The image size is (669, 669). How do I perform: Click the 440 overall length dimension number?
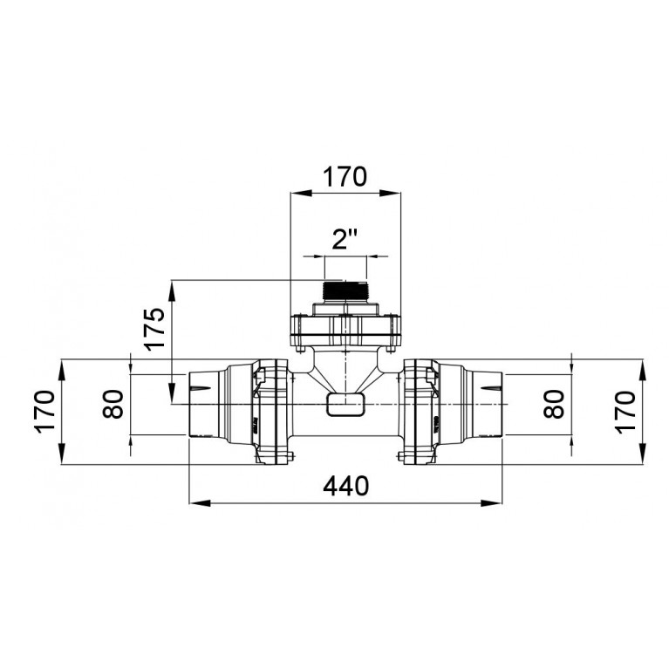click(345, 486)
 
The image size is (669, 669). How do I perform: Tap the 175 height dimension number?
click(154, 329)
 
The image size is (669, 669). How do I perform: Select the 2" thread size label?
click(345, 239)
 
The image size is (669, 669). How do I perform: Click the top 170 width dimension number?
click(345, 177)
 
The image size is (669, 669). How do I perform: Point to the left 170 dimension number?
click(45, 412)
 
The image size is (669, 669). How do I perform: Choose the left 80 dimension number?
click(113, 404)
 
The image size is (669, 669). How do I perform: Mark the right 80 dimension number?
click(554, 404)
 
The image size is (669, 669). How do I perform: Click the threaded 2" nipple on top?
click(345, 292)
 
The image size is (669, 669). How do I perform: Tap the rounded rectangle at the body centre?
click(345, 405)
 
